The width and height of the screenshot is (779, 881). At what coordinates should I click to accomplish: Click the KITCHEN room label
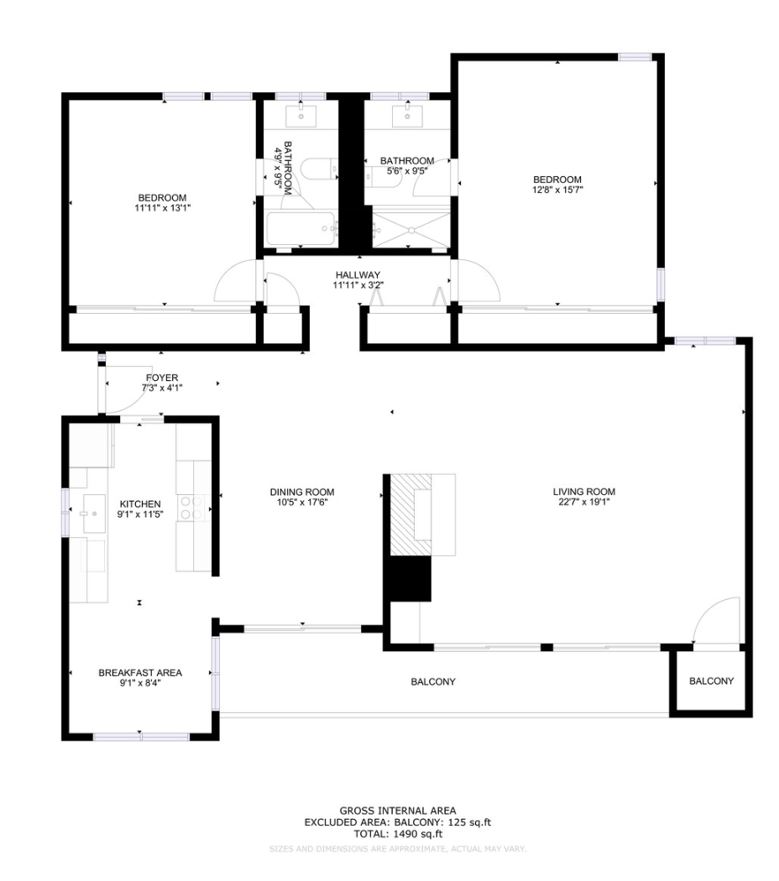coord(139,503)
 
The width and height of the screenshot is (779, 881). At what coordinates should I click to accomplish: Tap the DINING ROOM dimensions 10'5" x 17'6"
coord(302,503)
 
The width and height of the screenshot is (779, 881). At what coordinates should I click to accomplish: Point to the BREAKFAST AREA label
coord(139,672)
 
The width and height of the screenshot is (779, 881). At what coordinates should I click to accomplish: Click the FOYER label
coord(161,378)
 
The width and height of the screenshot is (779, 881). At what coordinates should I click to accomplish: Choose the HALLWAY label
coord(358,274)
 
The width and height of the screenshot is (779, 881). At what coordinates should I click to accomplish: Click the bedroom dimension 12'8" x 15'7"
coord(557,190)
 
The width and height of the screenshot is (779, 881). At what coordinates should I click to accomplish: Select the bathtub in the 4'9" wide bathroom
coord(301,228)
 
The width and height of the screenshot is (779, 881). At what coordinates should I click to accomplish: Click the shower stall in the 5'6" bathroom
coord(410,229)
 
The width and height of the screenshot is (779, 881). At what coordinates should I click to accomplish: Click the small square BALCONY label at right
coord(711,681)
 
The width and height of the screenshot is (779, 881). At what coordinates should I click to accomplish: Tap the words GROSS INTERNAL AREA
coord(397,811)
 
